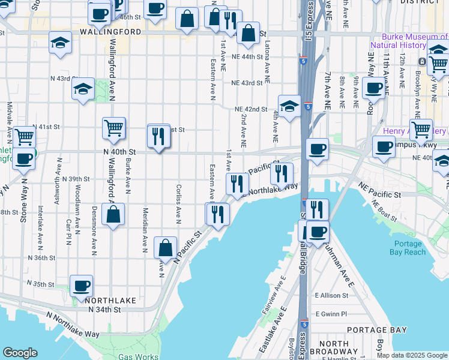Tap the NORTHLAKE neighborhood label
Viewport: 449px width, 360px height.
click(x=107, y=299)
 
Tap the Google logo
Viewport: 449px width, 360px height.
click(x=20, y=353)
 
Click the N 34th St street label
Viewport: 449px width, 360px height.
click(x=104, y=310)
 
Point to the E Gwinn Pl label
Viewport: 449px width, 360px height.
click(x=331, y=314)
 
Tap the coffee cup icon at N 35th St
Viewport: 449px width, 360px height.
click(x=81, y=286)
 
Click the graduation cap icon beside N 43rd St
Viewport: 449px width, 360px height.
click(x=82, y=89)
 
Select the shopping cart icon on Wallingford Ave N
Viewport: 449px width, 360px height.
click(x=113, y=128)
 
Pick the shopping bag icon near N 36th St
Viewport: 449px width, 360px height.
click(x=165, y=247)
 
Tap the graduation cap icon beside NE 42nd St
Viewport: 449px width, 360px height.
click(x=289, y=106)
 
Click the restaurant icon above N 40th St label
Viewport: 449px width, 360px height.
click(x=158, y=136)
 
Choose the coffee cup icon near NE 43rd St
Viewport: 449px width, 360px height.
click(x=373, y=88)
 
